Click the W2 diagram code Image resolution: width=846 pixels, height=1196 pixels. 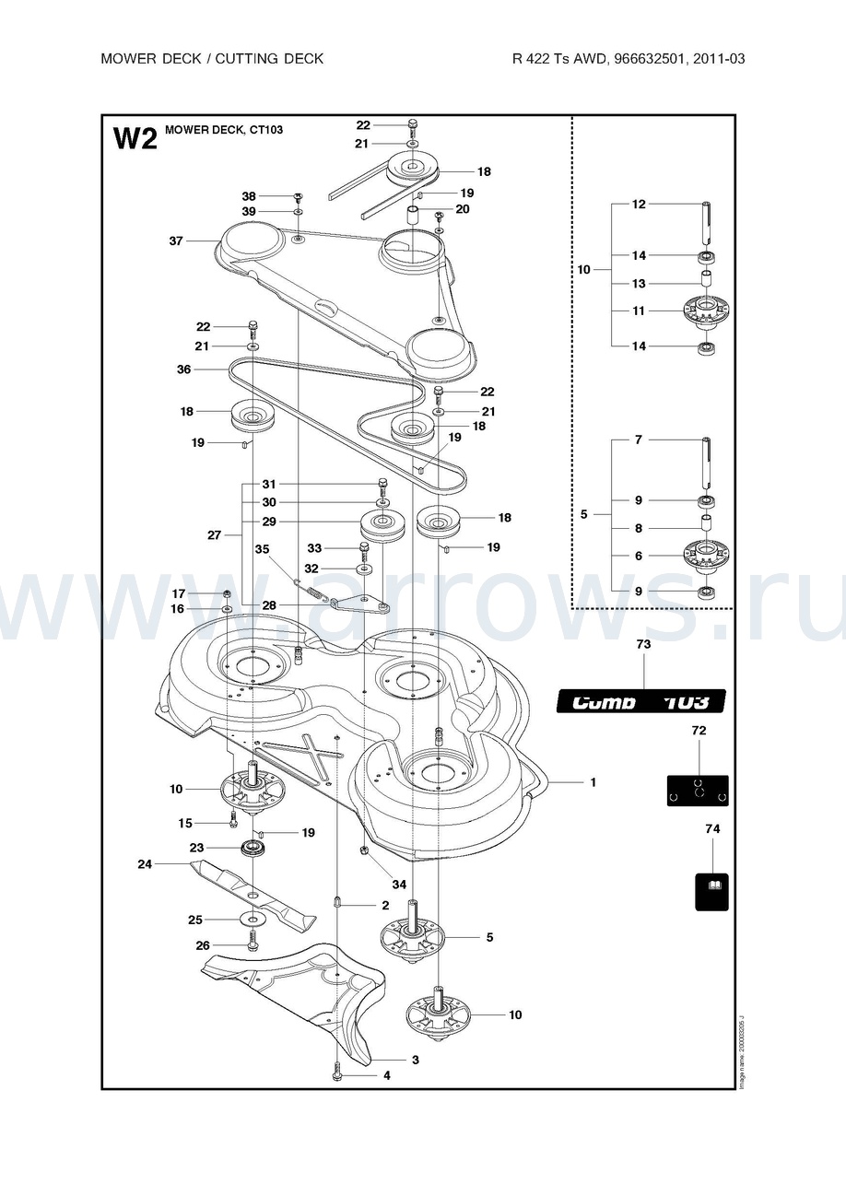tap(135, 138)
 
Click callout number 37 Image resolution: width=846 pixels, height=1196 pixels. tap(176, 241)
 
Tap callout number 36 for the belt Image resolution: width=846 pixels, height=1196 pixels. tap(183, 369)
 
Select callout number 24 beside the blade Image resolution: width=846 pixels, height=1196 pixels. tap(145, 864)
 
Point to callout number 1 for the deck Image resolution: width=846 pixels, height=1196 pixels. tap(593, 782)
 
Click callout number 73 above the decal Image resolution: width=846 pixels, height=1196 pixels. tap(643, 645)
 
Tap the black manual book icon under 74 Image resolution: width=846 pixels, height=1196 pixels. tap(711, 891)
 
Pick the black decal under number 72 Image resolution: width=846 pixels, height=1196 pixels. tap(698, 791)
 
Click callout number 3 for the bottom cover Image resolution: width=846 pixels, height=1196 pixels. tap(415, 1061)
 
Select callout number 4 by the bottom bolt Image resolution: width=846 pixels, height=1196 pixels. tap(387, 1075)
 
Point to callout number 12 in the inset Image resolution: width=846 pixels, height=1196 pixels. tap(639, 205)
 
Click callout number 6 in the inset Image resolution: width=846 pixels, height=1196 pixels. tap(639, 556)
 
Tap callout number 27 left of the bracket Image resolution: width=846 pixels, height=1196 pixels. tap(215, 534)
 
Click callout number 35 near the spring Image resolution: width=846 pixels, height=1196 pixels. tap(262, 549)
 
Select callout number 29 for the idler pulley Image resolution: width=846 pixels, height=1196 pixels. tap(269, 522)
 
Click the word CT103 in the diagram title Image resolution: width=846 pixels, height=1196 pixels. tap(264, 130)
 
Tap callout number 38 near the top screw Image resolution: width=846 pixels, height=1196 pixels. tap(249, 196)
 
